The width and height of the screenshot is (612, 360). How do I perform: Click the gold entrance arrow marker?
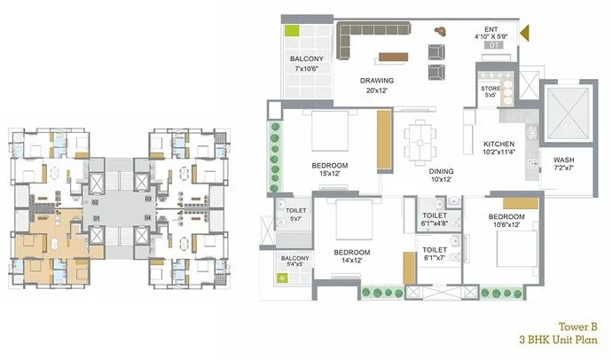click(524, 35)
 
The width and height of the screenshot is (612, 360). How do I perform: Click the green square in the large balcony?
click(291, 30)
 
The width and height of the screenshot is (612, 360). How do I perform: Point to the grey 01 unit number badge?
click(496, 45)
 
